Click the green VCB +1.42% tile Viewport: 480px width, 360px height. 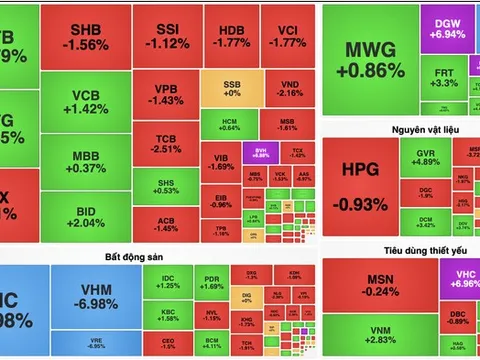[x=85, y=101]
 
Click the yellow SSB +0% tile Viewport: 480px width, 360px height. [x=230, y=84]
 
